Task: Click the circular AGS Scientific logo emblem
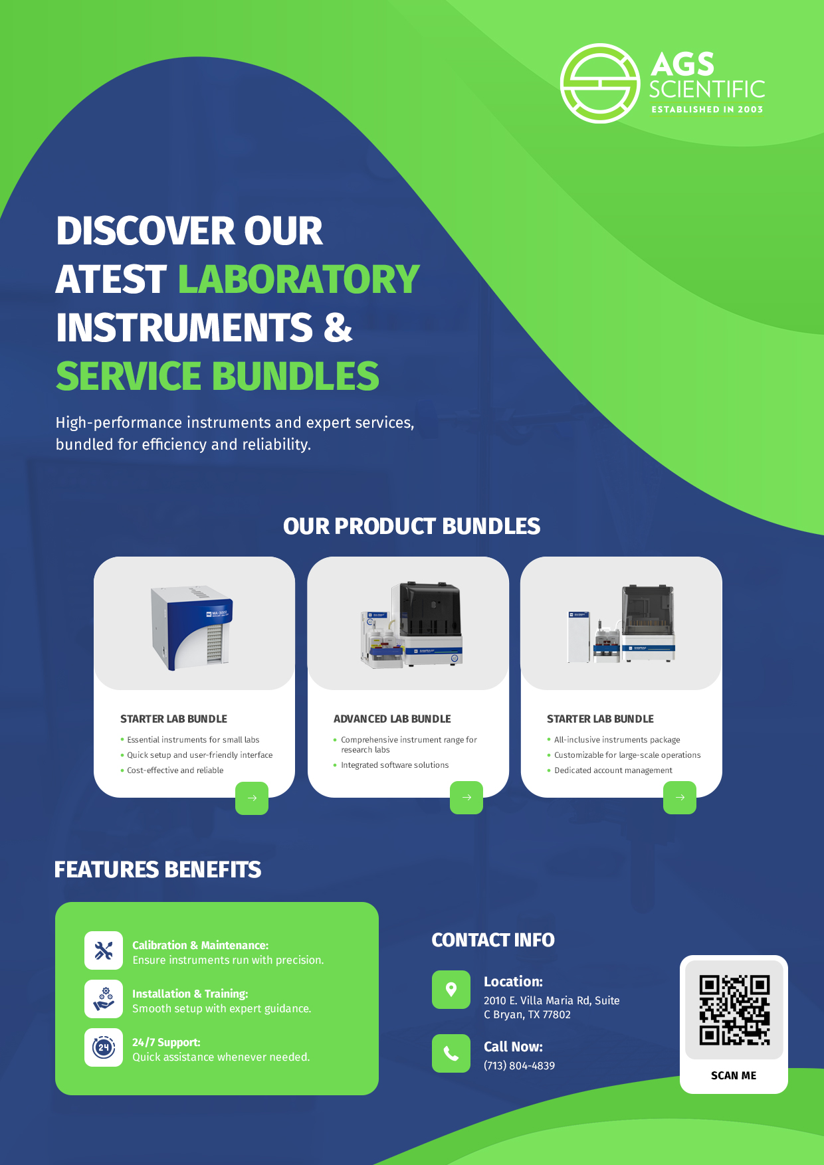tap(600, 84)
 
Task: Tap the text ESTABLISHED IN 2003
tap(707, 110)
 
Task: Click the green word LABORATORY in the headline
tap(298, 279)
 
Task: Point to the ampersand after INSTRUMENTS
tap(338, 327)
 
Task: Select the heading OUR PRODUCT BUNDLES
tap(411, 526)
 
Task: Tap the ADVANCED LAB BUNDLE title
tap(392, 719)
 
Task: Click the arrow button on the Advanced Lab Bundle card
tap(466, 798)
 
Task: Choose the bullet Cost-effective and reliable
tap(175, 770)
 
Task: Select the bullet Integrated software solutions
tap(395, 765)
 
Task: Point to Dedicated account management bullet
tap(613, 770)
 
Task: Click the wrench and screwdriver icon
tap(104, 950)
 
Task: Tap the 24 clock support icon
tap(104, 1047)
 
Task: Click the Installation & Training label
tap(190, 994)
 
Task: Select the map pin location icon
tap(451, 990)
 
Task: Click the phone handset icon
tap(451, 1053)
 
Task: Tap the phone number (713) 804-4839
tap(519, 1065)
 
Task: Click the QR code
tap(734, 1010)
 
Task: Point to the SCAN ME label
tap(734, 1075)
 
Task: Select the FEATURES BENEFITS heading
tap(157, 869)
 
